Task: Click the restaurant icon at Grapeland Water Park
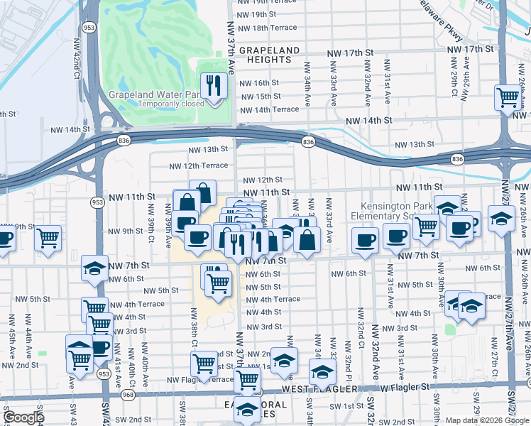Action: click(x=213, y=86)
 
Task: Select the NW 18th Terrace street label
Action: click(x=268, y=28)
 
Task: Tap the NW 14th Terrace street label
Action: click(x=269, y=110)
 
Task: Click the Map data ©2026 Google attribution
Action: click(x=488, y=420)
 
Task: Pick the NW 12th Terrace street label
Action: click(x=199, y=166)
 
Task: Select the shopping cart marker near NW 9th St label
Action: click(x=48, y=238)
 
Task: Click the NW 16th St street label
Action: click(x=260, y=83)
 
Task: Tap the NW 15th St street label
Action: click(x=260, y=97)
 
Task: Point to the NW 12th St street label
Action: click(x=263, y=180)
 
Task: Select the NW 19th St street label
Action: click(x=257, y=14)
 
